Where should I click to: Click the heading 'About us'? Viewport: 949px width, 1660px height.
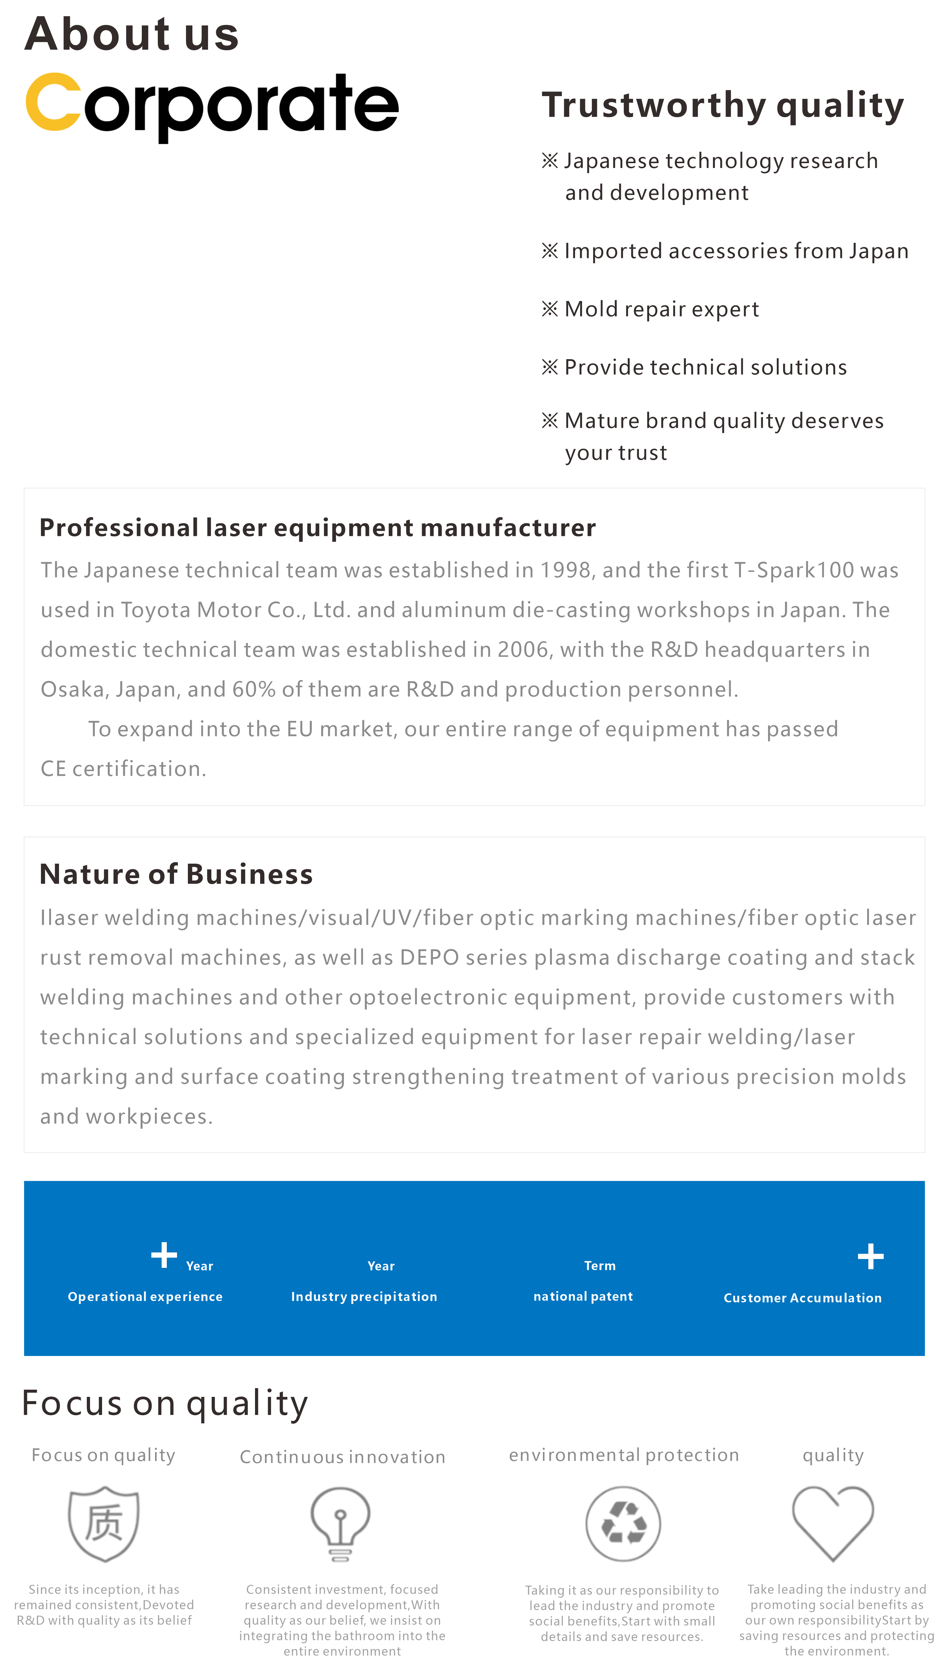click(x=132, y=34)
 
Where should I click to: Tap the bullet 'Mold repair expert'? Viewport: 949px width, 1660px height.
click(x=661, y=309)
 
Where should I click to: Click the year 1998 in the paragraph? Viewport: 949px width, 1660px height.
click(x=566, y=570)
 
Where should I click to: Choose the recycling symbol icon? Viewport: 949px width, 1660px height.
click(x=623, y=1524)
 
